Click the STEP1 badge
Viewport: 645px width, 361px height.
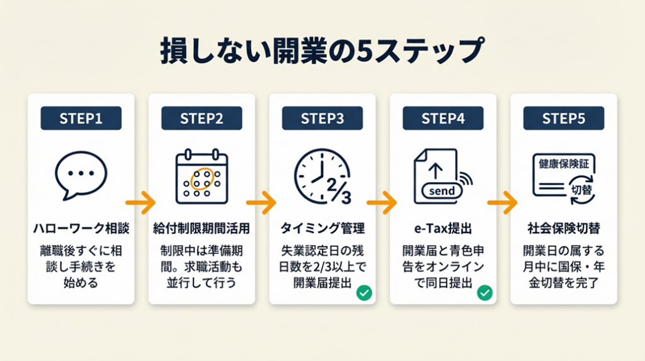point(81,118)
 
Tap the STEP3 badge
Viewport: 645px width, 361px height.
point(322,118)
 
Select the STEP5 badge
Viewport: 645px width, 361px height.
point(563,118)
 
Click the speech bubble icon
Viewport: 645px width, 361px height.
point(81,175)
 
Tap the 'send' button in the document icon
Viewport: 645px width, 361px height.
point(441,190)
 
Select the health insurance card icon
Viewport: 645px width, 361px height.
point(562,175)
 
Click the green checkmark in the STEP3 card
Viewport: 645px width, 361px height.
point(363,292)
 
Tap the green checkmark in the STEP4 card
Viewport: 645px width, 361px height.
point(484,292)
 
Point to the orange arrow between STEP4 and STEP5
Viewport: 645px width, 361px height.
point(503,203)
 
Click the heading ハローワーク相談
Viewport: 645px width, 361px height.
point(81,227)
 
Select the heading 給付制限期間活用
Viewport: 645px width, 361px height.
point(202,227)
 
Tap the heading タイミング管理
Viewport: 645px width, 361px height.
point(322,227)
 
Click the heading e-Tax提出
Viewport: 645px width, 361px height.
point(443,227)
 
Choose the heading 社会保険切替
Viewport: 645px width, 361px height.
point(563,227)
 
